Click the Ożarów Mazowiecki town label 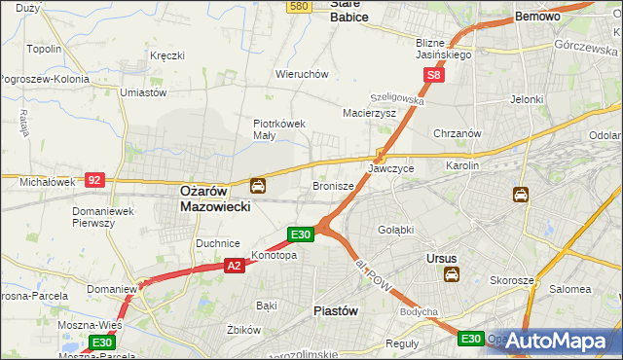pos(216,199)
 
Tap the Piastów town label pos(335,310)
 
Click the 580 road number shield pos(299,7)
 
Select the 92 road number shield pos(94,179)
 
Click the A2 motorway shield pos(234,264)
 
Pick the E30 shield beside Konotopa pos(301,234)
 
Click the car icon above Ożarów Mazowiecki pos(257,185)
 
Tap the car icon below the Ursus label pos(452,275)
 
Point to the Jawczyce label pos(390,168)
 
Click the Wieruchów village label pos(302,74)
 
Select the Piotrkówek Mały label pos(279,129)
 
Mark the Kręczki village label pos(167,55)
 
